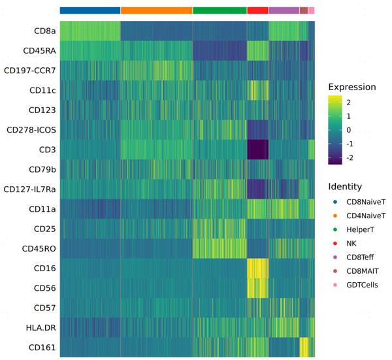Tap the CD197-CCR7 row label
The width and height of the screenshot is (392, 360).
[29, 71]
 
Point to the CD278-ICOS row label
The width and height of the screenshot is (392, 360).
[31, 130]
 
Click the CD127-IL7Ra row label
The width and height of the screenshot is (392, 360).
[29, 189]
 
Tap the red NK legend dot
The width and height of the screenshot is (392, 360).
[335, 244]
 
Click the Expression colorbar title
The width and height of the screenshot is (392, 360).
[351, 87]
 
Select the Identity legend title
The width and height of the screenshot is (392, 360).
[345, 187]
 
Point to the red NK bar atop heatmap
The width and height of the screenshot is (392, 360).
[257, 10]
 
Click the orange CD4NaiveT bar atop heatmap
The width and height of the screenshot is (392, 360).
[157, 10]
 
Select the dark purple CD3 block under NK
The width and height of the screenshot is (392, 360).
[257, 150]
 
